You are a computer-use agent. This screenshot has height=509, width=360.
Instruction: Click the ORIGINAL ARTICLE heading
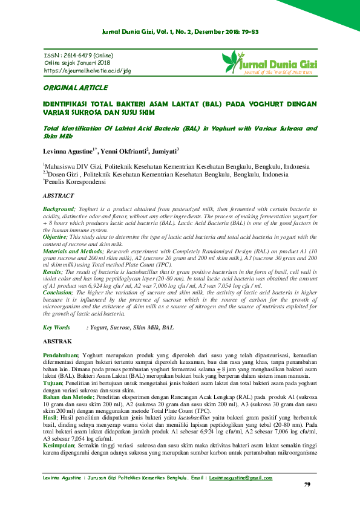coord(75,88)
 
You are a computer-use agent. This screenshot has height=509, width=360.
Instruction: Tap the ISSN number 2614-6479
coord(77,55)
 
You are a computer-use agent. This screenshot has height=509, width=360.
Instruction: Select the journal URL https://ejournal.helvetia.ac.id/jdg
coord(88,70)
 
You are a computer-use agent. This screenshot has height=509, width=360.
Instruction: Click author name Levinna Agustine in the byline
coord(65,151)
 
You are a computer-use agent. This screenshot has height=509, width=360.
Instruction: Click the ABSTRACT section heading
coord(58,195)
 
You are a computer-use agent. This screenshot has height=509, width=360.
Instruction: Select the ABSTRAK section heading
coord(57,342)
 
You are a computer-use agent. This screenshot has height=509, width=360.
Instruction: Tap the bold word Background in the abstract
coord(57,208)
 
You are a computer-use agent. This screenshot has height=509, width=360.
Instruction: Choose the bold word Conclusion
coord(57,292)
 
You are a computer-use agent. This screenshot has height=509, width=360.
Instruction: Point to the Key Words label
coord(56,327)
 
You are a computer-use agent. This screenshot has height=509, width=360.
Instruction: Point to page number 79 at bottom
coord(307,485)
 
